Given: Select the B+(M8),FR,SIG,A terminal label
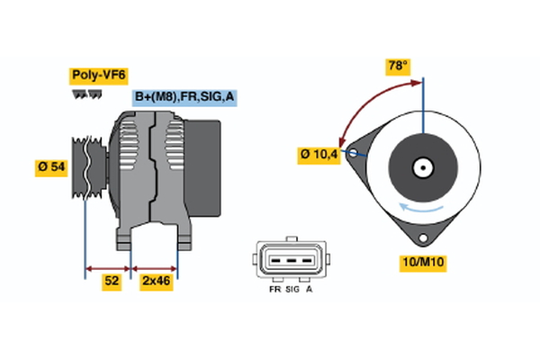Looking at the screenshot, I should click(x=184, y=96).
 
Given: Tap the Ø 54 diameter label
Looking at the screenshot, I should click(x=51, y=166).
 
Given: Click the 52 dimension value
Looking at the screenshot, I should click(x=111, y=281).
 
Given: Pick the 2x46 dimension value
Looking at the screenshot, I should click(x=155, y=281).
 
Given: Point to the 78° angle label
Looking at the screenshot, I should click(x=398, y=66).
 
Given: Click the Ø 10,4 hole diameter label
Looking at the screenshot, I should click(x=319, y=155).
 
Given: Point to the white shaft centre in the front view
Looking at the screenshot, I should click(x=420, y=167).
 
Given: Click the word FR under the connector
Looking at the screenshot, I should click(x=273, y=291).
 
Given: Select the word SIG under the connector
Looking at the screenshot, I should click(x=292, y=291).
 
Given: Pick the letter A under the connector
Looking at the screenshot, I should click(x=310, y=291).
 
